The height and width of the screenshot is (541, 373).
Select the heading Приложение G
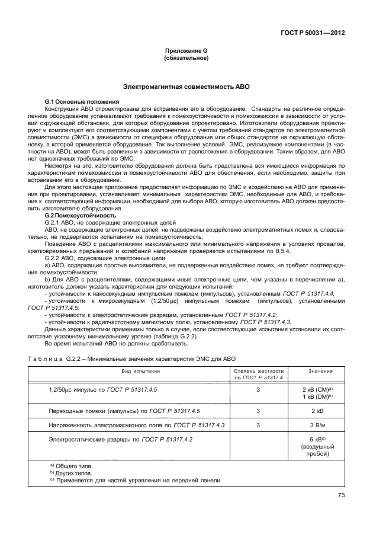pyautogui.click(x=185, y=52)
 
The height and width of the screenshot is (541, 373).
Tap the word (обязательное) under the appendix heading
pyautogui.click(x=185, y=59)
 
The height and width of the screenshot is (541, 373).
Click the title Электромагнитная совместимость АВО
pyautogui.click(x=186, y=87)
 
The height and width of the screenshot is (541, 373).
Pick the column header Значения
pyautogui.click(x=320, y=371)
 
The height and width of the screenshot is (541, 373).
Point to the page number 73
pyautogui.click(x=340, y=495)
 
